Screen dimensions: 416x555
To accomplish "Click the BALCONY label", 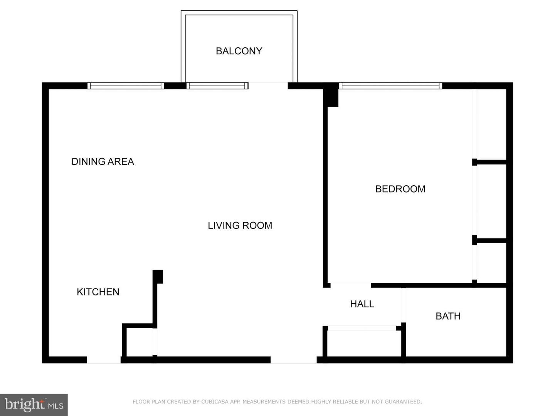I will click(239, 51).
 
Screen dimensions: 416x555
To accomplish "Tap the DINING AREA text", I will click(103, 161).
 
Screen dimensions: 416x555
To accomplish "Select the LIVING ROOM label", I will click(240, 225).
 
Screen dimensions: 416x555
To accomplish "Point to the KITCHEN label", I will click(98, 292).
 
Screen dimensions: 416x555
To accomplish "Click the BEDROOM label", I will click(400, 189).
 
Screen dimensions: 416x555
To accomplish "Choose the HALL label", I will click(362, 304).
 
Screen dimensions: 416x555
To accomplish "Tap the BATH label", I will click(448, 316).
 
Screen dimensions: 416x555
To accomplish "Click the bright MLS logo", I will click(34, 405).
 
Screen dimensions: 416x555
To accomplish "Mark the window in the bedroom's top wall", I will click(390, 86).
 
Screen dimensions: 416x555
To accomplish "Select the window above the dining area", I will click(126, 86).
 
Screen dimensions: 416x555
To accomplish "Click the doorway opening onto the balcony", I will click(268, 86).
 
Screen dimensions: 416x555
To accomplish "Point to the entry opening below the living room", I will click(293, 360).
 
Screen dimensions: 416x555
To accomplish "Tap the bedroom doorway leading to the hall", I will click(351, 285).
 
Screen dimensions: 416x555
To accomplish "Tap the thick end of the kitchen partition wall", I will click(158, 276).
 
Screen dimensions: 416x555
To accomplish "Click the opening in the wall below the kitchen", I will click(104, 360).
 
